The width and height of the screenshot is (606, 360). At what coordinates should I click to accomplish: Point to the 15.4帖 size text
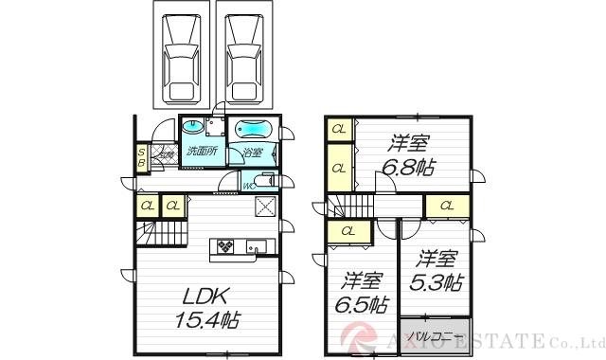tap(206, 319)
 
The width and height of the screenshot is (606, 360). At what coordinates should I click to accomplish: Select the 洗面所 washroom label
tap(202, 152)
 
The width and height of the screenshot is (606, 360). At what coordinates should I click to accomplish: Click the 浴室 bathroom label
tap(252, 153)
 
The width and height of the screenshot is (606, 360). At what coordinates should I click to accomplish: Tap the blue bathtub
tap(253, 128)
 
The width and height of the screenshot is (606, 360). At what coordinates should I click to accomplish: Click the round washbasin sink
tap(193, 125)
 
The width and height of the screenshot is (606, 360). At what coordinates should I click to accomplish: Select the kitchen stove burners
tap(228, 246)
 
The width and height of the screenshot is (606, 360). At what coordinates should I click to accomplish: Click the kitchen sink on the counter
tap(256, 247)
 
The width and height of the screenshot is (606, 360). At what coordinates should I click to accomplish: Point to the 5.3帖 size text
tap(437, 281)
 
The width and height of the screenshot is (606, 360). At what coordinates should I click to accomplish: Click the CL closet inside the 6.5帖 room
tap(348, 230)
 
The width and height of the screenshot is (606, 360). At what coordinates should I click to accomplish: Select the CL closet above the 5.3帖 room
tap(444, 206)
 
